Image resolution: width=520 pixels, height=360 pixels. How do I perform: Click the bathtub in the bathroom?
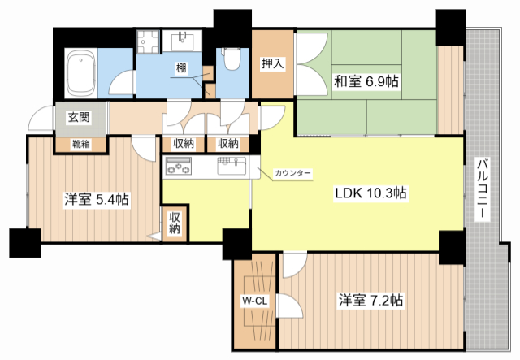tap(81, 74)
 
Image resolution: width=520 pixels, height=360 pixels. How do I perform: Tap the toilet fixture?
tap(231, 59)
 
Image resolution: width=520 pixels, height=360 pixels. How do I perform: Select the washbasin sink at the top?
tap(183, 41)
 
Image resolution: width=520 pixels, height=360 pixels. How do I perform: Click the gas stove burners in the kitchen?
tap(179, 165)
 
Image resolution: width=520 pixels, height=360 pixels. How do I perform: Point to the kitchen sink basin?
tap(232, 166)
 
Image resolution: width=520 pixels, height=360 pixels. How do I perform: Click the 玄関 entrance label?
tap(79, 117)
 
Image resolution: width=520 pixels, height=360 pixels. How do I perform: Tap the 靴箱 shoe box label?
tap(81, 145)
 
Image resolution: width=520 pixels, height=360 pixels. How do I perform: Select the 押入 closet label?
tap(273, 63)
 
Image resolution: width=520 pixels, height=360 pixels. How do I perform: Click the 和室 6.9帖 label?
tap(366, 81)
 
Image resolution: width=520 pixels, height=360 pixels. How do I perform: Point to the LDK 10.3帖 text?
tap(370, 193)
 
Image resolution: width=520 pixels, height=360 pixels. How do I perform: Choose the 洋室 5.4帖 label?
tap(97, 200)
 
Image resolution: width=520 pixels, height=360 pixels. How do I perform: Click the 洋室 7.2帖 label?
tap(370, 301)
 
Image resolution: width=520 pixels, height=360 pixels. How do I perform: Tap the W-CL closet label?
tap(254, 301)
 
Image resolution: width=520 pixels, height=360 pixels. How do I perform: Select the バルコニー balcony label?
tap(483, 189)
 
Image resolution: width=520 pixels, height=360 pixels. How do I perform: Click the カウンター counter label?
tap(293, 173)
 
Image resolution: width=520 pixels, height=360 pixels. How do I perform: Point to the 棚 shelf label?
tap(181, 68)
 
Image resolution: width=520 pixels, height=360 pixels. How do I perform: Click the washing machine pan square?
tap(148, 41)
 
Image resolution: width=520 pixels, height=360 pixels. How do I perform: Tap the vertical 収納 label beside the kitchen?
tap(175, 223)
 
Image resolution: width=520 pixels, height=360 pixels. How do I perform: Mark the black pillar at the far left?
tap(25, 243)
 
